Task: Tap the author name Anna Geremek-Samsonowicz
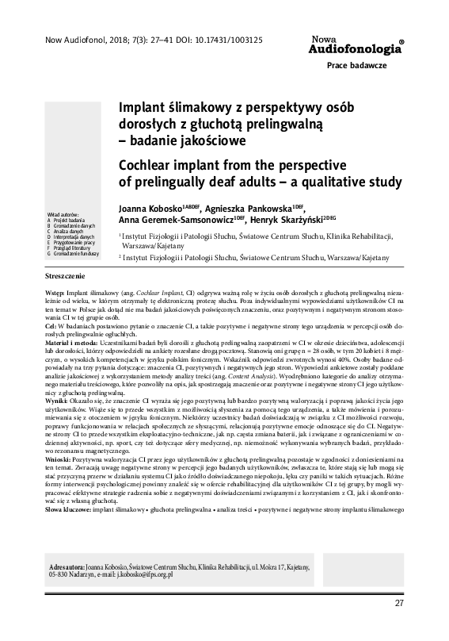(177, 220)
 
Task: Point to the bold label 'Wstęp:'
(59, 294)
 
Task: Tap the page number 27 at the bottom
(399, 625)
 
